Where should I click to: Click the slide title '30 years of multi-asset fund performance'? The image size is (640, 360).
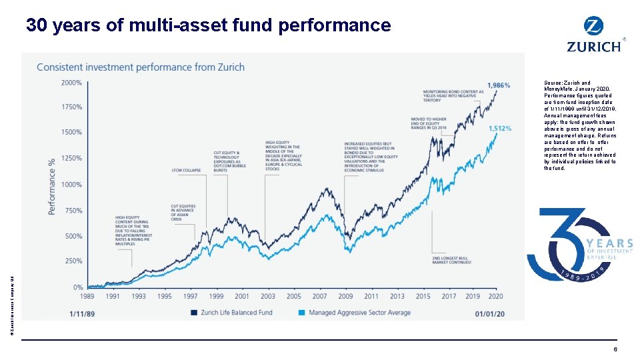208,25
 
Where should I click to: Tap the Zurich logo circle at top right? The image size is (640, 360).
593,27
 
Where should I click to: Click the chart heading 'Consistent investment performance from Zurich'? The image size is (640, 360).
141,67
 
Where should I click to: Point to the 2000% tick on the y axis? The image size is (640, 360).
71,83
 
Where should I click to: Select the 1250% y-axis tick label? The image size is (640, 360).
71,158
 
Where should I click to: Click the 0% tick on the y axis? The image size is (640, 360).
77,287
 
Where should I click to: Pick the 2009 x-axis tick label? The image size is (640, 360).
345,297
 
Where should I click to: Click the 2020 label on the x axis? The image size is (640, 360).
496,297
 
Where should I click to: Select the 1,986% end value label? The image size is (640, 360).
499,85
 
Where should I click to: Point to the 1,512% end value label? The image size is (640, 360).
500,129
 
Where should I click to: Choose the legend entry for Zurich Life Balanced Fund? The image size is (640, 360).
231,312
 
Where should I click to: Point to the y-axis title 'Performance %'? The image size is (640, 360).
52,185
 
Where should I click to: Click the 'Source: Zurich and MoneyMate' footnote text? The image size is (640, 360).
581,125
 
